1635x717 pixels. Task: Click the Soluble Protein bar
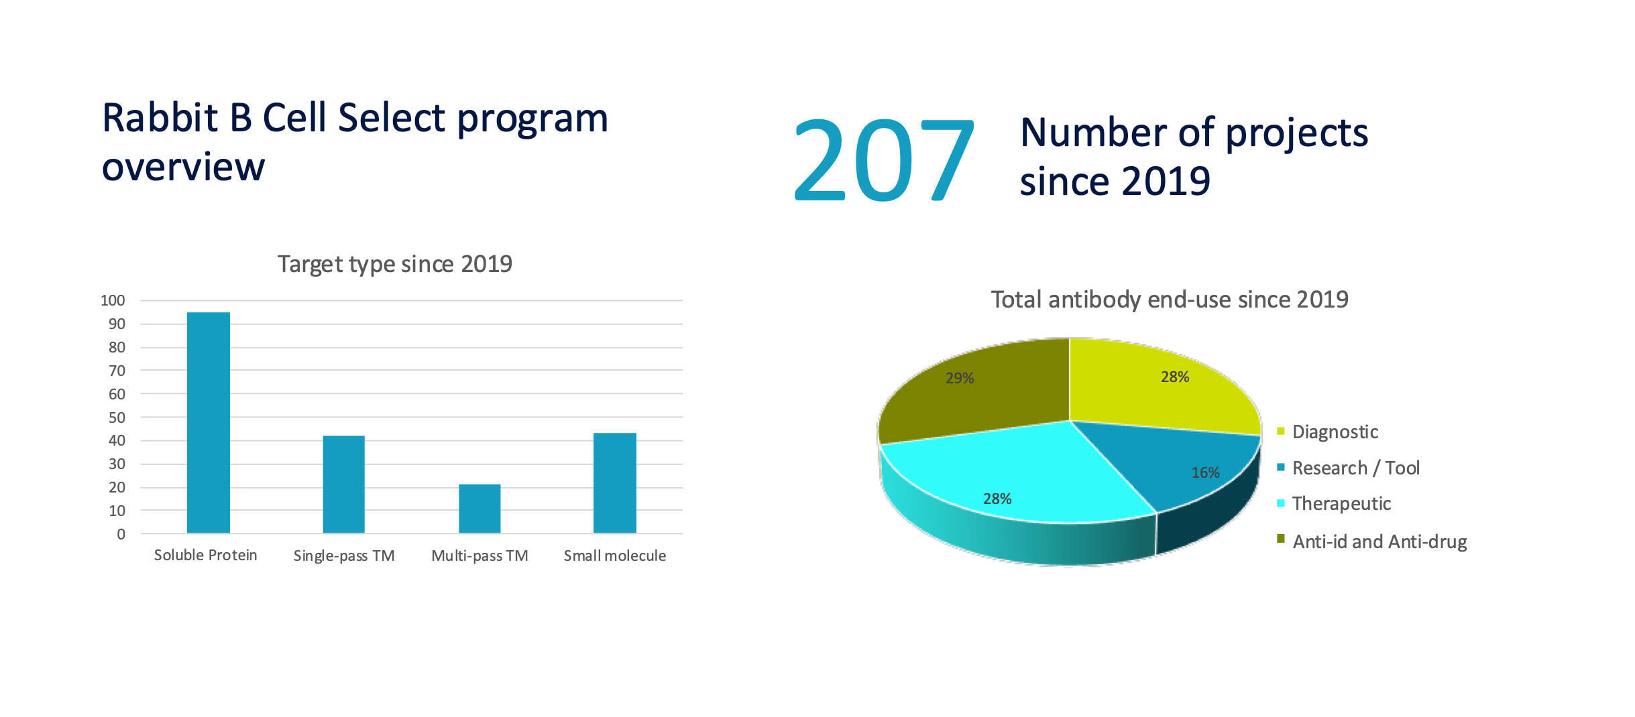pos(208,422)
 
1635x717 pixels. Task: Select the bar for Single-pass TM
pos(343,484)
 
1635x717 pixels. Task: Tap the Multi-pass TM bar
pos(479,508)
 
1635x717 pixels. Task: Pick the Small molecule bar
pos(614,482)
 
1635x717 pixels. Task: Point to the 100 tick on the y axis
pos(113,300)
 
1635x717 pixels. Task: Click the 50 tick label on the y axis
pos(117,417)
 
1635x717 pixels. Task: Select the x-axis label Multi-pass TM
pos(480,556)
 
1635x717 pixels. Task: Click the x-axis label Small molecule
pos(614,556)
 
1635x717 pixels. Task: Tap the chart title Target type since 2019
pos(394,264)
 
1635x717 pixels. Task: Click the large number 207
pos(883,159)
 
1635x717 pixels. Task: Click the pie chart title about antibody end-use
pos(1170,300)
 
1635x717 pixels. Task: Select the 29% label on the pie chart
pos(960,378)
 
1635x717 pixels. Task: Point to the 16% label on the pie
pos(1205,472)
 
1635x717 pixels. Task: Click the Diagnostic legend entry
pos(1335,432)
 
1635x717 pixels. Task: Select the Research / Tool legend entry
pos(1355,468)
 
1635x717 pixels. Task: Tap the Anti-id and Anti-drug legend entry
pos(1379,541)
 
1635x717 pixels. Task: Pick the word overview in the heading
pos(183,166)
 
